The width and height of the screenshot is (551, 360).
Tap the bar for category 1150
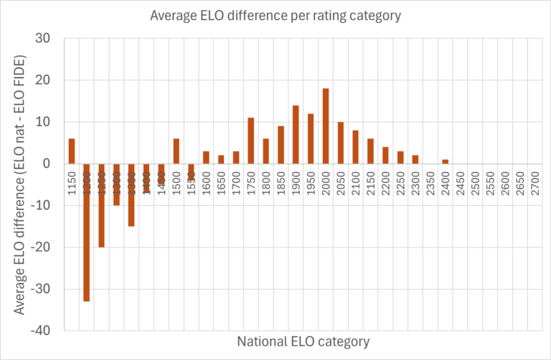coord(72,151)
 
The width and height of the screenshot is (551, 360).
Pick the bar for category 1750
coord(251,141)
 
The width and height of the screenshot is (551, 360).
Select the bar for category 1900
coord(296,135)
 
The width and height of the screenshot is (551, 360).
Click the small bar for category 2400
coord(445,161)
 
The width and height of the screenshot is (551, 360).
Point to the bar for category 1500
coord(176,151)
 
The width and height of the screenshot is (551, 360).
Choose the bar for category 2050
coord(341,143)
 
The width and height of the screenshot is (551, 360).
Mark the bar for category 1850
coord(281,145)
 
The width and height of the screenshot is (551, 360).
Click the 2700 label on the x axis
coord(534,181)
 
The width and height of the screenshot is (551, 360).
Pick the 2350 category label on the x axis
coord(430,181)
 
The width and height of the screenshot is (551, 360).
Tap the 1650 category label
coord(221,181)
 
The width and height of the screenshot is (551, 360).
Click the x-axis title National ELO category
coord(303,341)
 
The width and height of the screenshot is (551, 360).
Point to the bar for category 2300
coord(415,159)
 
